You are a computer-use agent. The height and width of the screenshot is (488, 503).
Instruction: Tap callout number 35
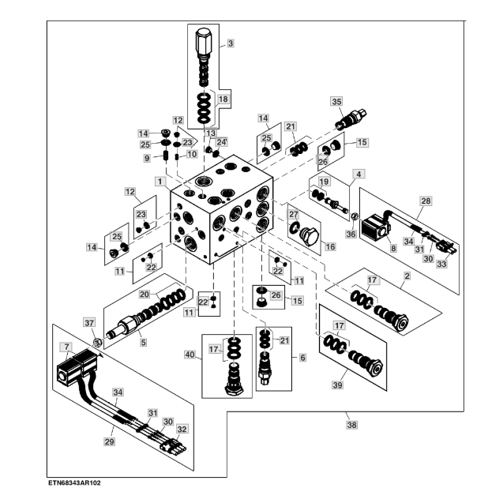(x=337, y=102)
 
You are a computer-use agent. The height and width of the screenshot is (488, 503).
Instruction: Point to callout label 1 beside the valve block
(x=160, y=181)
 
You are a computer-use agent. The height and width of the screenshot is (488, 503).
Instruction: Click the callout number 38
(x=351, y=424)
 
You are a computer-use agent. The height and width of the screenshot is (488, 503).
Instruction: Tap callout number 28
(x=426, y=202)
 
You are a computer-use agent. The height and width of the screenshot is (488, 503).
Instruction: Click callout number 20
(x=145, y=294)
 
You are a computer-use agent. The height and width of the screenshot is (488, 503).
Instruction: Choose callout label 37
(x=88, y=322)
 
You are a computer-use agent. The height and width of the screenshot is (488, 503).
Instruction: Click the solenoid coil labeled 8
(x=373, y=228)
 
